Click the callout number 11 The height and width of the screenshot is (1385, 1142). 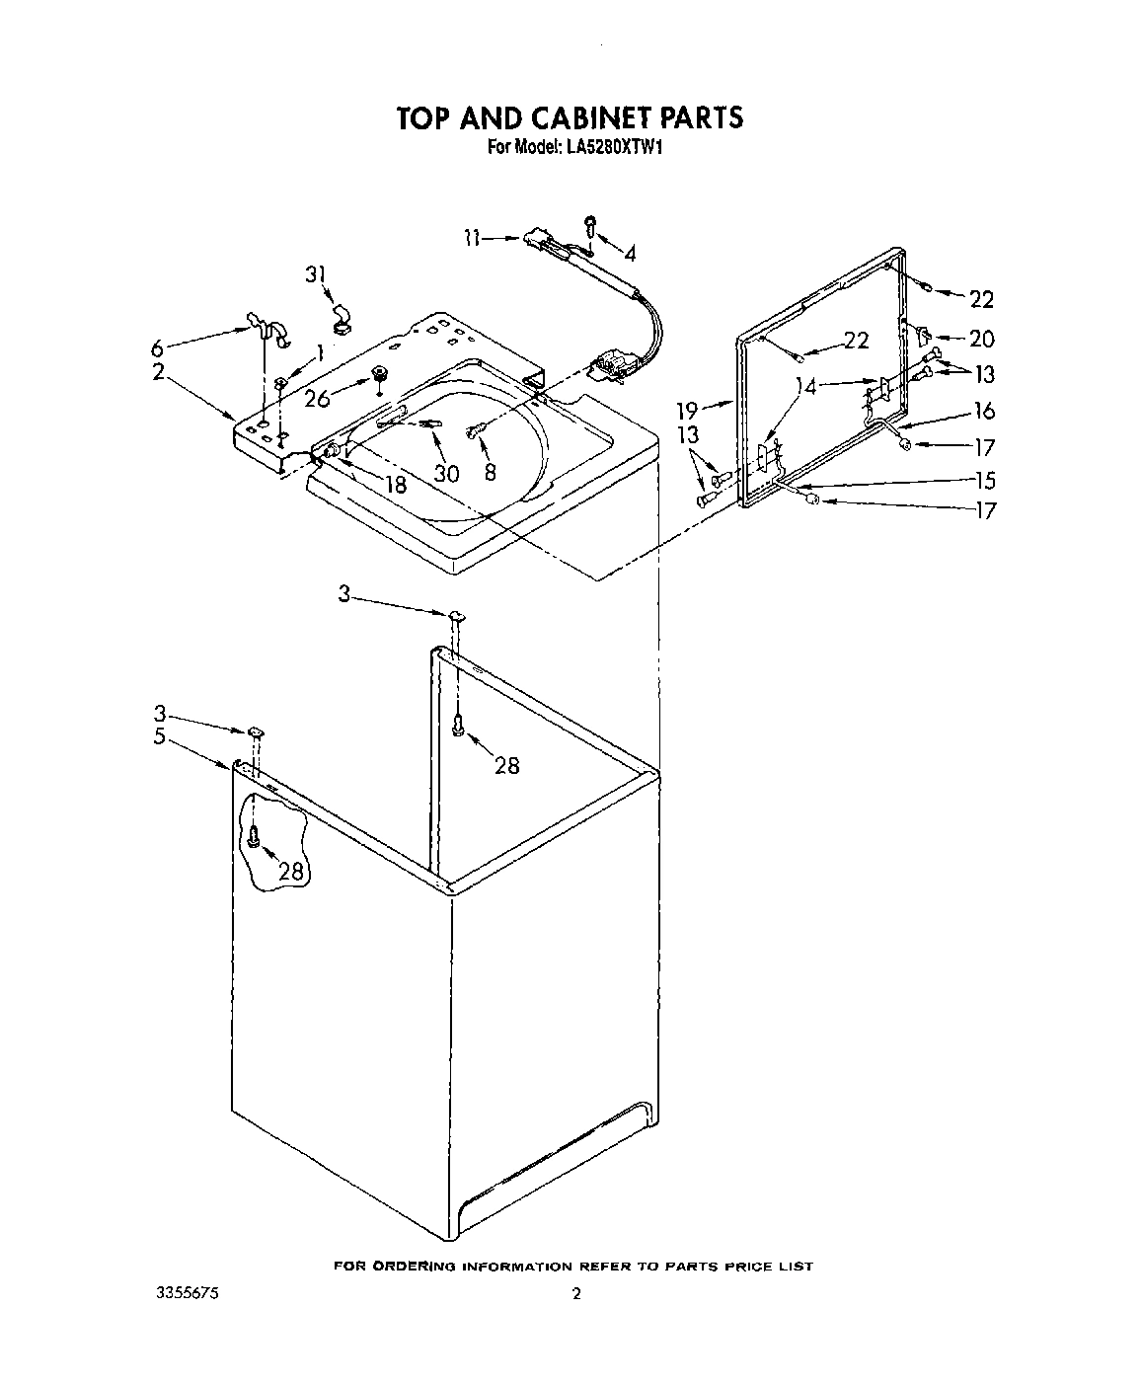(472, 237)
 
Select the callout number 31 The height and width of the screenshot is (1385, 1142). (315, 274)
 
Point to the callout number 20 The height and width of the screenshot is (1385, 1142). (981, 339)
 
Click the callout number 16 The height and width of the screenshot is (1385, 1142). (983, 411)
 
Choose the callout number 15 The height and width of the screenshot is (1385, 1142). (983, 481)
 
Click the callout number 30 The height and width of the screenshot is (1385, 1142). (446, 473)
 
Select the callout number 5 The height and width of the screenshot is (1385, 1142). (159, 736)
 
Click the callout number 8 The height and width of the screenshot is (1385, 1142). (489, 473)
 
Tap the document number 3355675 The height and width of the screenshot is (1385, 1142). (187, 1293)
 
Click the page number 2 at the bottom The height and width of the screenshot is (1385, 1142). (576, 1294)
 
